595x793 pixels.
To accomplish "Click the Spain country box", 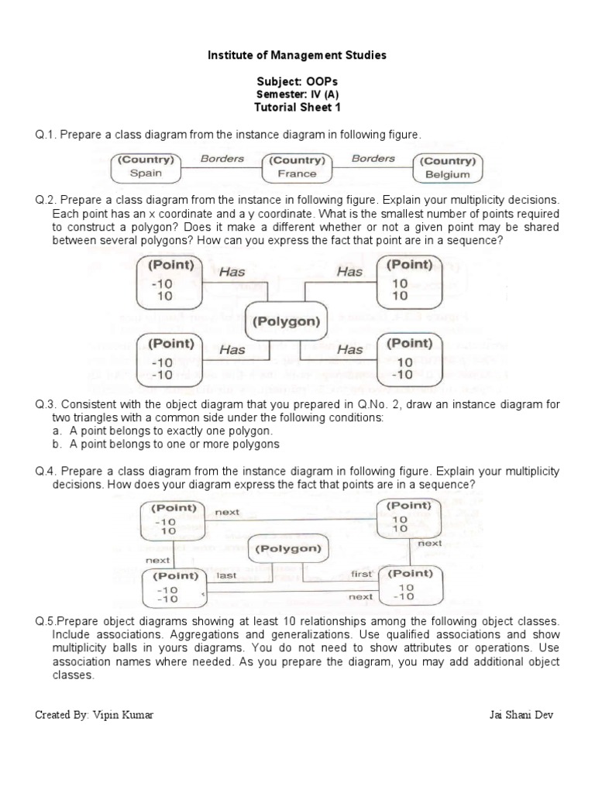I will (x=146, y=167).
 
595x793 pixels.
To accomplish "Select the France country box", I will (x=297, y=167).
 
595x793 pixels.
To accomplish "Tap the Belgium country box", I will (x=448, y=168).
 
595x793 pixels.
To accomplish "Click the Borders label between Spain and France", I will (x=222, y=159).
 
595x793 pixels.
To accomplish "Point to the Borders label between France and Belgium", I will (x=373, y=159).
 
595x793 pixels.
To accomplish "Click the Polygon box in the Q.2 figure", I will (x=286, y=320).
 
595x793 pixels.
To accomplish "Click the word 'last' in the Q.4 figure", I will (x=226, y=575).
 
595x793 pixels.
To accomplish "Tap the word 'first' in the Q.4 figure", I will (x=362, y=574).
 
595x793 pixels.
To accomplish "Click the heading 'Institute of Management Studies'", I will (x=297, y=56).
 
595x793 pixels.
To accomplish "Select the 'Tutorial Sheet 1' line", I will (x=297, y=106).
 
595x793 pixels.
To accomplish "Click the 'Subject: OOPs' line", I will (x=297, y=81).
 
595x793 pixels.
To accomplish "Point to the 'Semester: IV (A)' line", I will (x=297, y=94).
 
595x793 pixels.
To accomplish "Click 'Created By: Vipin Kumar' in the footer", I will (x=94, y=714).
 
